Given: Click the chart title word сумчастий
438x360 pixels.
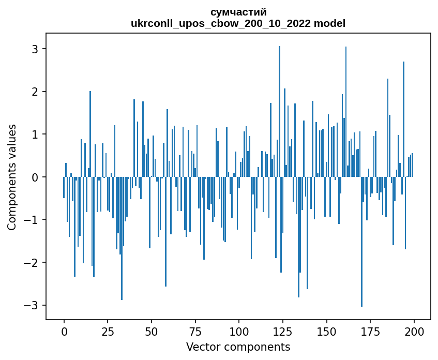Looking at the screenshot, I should pos(238,12).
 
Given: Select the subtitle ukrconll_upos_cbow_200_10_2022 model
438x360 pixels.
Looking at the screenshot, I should pos(238,23).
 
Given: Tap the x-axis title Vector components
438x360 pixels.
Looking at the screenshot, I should pos(238,347).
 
